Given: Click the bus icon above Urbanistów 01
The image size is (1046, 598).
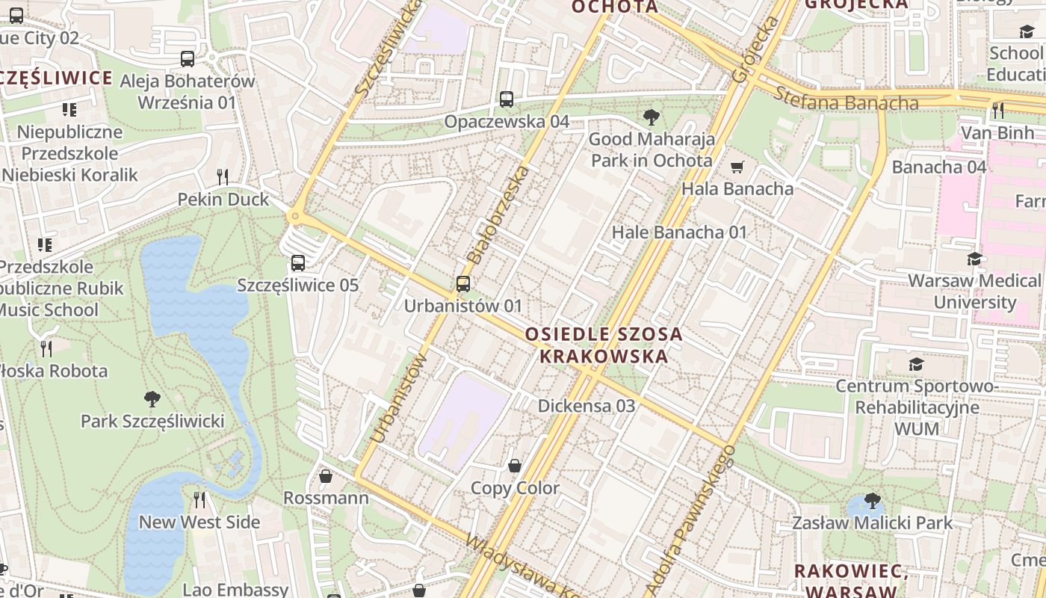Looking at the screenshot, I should click(462, 284).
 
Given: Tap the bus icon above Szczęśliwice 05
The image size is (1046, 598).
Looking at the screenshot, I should click(297, 263).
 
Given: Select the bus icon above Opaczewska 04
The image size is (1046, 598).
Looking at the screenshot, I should click(507, 99).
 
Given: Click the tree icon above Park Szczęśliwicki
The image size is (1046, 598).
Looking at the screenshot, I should click(152, 398).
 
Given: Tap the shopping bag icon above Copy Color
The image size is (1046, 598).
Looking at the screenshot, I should click(515, 466).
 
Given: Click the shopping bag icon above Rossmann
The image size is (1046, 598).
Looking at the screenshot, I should click(326, 476).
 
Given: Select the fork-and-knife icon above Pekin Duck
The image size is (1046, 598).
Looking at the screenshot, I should click(222, 177).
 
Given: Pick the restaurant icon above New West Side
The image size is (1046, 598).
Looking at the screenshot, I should click(199, 500).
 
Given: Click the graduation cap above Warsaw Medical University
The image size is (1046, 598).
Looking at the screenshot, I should click(974, 259).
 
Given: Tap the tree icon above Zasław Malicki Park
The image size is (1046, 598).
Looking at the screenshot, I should click(872, 501).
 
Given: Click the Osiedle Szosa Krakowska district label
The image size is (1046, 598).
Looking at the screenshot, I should click(604, 345).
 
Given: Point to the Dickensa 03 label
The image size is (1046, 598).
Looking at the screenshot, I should click(587, 406).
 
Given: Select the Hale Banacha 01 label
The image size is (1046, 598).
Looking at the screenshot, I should click(679, 232).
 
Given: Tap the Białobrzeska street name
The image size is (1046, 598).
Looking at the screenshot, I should click(498, 215).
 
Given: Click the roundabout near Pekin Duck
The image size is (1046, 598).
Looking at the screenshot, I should click(295, 217).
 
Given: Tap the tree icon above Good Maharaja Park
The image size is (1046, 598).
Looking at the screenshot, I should click(651, 117).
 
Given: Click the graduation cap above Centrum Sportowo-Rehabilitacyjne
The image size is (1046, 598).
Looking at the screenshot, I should click(916, 365).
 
